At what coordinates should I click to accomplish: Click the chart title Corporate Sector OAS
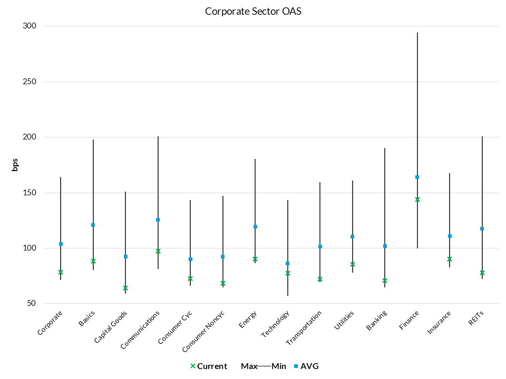coord(253,11)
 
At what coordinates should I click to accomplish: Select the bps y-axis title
coord(15,165)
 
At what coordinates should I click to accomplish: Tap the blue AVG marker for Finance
coord(417,177)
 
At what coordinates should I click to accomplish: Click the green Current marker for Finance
coord(417,200)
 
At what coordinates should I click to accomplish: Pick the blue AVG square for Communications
coord(158,220)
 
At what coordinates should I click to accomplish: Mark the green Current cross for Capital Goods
coord(125,288)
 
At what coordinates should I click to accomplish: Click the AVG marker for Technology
coord(288,263)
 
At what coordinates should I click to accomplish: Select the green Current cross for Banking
coord(385,281)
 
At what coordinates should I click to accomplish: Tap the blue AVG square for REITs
coord(482,228)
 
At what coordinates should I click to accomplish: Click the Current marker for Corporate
coord(61,272)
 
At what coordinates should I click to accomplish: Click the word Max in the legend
coord(249,366)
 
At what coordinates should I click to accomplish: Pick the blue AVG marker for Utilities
coord(353,236)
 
